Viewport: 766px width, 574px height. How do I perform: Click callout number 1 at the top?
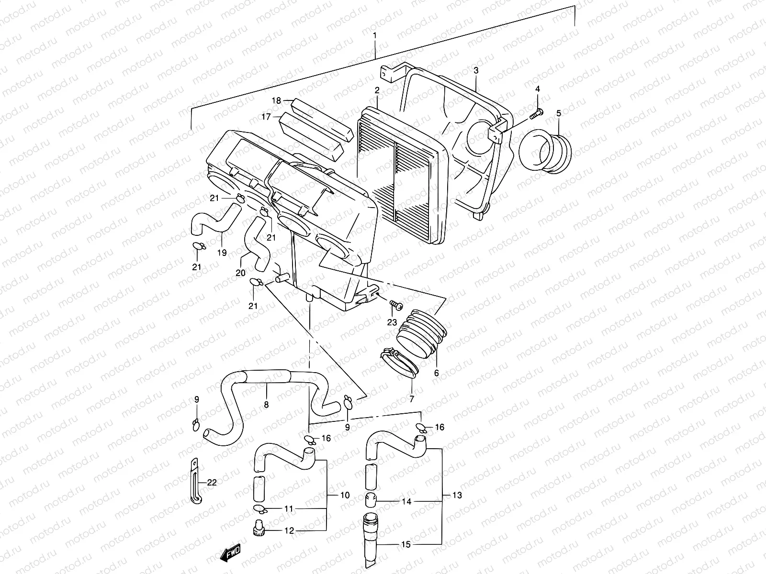pos(375,36)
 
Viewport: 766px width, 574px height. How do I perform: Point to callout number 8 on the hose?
pos(266,405)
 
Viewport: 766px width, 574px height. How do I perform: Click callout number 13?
pos(457,495)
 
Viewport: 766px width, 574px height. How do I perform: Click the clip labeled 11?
pos(258,508)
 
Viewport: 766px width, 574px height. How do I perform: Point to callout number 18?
pos(277,100)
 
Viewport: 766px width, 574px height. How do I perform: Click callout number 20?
pos(240,273)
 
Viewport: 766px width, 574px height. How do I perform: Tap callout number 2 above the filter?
pos(377,90)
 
